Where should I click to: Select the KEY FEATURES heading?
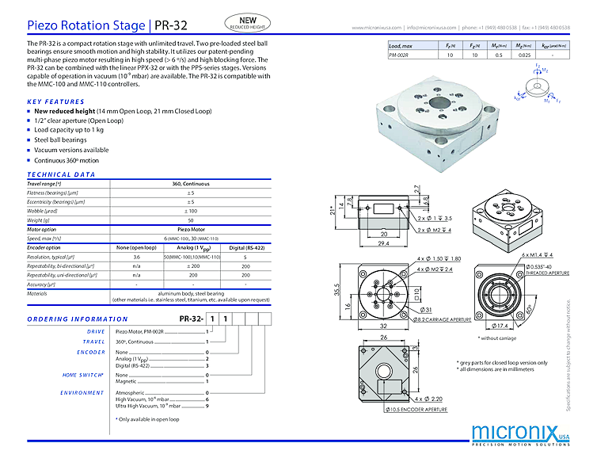55,101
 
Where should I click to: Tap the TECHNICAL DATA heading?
61,174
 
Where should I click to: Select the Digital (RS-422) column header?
245,246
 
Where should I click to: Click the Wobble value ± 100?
190,211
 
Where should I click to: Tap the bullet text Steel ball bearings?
60,139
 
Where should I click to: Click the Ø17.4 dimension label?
505,326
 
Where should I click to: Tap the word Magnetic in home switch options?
127,381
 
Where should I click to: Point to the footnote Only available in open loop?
147,419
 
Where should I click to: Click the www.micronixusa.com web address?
376,27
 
